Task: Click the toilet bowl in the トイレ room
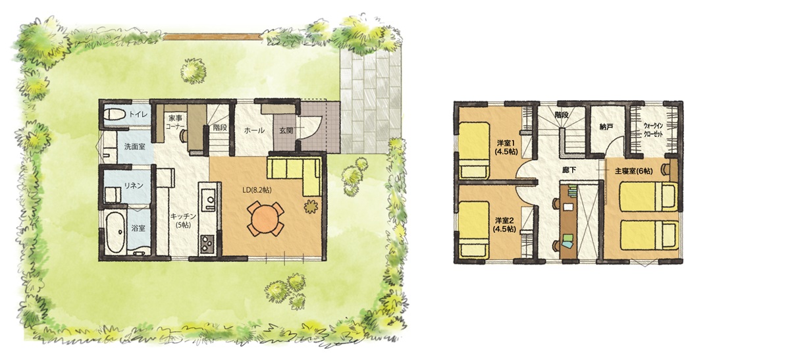point(115,115)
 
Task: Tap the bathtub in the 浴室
point(115,233)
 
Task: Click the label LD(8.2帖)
point(257,190)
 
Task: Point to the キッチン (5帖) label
point(183,220)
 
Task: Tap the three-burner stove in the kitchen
point(207,244)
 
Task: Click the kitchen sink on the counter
point(208,199)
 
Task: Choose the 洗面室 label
point(135,146)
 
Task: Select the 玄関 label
point(286,130)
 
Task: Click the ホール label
point(254,130)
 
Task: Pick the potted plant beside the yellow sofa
point(311,206)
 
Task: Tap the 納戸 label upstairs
point(606,127)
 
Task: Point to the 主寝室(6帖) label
point(633,171)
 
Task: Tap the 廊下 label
point(569,170)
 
